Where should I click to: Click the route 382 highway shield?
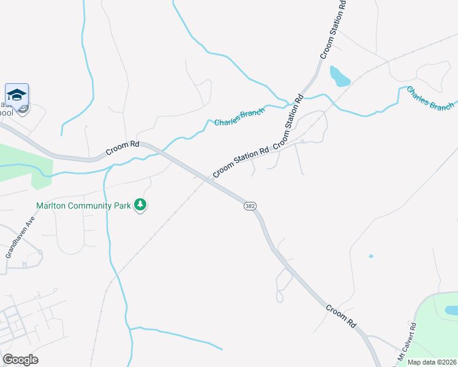pyautogui.click(x=249, y=206)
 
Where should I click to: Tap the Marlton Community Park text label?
pyautogui.click(x=83, y=206)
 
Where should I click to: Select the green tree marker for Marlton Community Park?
pyautogui.click(x=141, y=205)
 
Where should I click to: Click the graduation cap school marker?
pyautogui.click(x=17, y=95)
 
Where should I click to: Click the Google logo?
pyautogui.click(x=20, y=360)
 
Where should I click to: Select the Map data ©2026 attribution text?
pyautogui.click(x=432, y=362)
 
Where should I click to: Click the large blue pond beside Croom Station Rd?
pyautogui.click(x=339, y=76)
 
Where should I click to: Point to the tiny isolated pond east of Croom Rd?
pyautogui.click(x=371, y=256)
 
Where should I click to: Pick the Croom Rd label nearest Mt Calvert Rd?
pyautogui.click(x=340, y=316)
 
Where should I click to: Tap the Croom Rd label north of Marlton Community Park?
pyautogui.click(x=122, y=146)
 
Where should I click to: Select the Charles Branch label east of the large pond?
pyautogui.click(x=430, y=98)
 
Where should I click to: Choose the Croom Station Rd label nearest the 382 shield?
pyautogui.click(x=241, y=162)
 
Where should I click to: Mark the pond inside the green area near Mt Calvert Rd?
pyautogui.click(x=451, y=311)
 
